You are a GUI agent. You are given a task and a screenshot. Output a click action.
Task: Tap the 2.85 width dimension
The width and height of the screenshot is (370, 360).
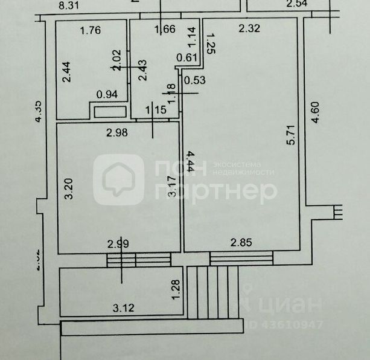pos(241,243)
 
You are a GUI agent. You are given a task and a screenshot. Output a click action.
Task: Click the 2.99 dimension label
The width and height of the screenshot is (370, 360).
pos(118,244)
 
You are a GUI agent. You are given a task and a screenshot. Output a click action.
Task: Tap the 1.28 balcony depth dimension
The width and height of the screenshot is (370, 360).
pos(176,288)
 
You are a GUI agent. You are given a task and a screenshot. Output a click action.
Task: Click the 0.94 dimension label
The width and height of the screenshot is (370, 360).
pos(107,94)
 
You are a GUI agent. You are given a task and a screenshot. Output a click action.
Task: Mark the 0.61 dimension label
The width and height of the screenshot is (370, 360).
pos(187,58)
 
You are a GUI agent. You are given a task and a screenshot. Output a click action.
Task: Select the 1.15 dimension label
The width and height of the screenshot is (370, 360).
pos(156,110)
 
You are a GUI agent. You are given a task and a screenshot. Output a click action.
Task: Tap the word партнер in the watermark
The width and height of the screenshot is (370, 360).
pos(217,191)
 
